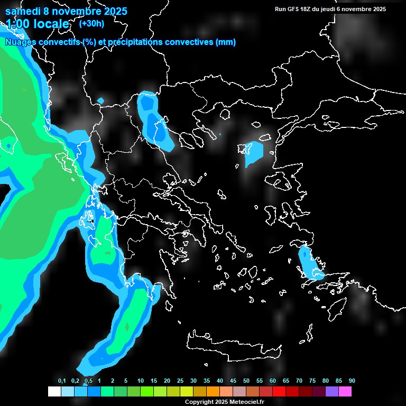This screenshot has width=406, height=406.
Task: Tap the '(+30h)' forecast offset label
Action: pyautogui.click(x=91, y=23)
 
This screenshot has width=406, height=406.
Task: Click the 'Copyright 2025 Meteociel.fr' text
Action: pyautogui.click(x=224, y=402)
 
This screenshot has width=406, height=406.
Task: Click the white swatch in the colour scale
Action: pyautogui.click(x=54, y=391)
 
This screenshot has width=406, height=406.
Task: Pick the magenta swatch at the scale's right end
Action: pyautogui.click(x=345, y=391)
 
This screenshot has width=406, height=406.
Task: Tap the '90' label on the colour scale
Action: pyautogui.click(x=352, y=381)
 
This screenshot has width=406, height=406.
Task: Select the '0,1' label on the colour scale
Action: pyautogui.click(x=61, y=381)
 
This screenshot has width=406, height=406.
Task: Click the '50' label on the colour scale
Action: pyautogui.click(x=246, y=381)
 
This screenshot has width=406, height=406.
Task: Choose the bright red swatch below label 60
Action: pyautogui.click(x=279, y=391)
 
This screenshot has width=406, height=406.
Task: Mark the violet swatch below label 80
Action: pyautogui.click(x=332, y=391)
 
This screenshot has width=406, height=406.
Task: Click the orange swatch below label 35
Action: pyautogui.click(x=213, y=391)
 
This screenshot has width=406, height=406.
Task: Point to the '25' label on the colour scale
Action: pyautogui.click(x=180, y=381)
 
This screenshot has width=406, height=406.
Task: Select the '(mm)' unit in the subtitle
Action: pyautogui.click(x=226, y=42)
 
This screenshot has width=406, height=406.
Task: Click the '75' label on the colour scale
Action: pyautogui.click(x=312, y=381)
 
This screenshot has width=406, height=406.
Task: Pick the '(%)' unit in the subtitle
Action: pyautogui.click(x=89, y=42)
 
